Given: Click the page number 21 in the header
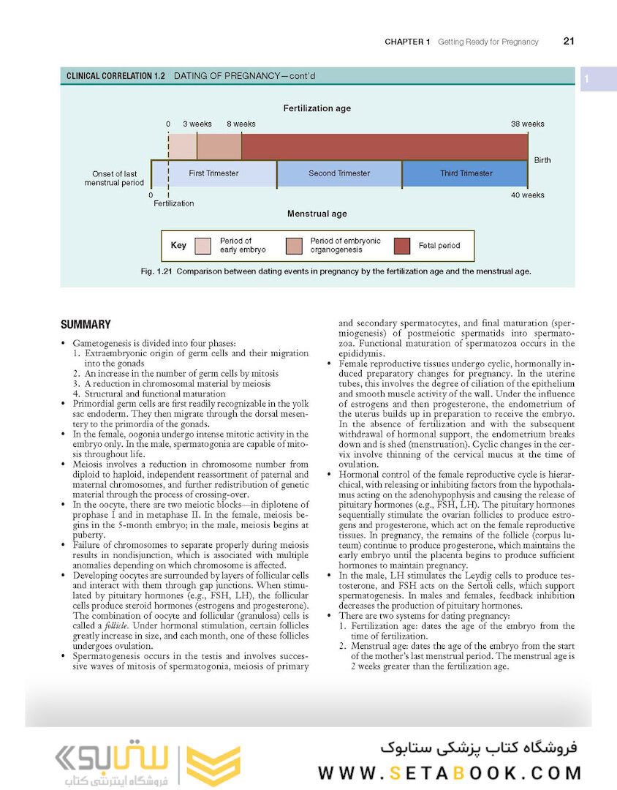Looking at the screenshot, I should click(x=569, y=42).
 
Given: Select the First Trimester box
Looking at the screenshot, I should click(x=213, y=174).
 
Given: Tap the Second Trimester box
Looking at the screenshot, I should click(x=339, y=174).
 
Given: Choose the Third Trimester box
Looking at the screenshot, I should click(x=466, y=174).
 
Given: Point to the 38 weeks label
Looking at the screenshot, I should click(x=527, y=124).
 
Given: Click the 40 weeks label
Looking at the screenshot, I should click(x=527, y=195).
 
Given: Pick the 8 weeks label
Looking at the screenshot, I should click(x=241, y=124).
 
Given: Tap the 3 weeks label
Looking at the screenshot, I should click(x=197, y=124).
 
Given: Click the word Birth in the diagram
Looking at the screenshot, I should click(x=542, y=160).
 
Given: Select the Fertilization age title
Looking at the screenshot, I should click(x=317, y=108).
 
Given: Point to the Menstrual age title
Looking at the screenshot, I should click(x=317, y=214).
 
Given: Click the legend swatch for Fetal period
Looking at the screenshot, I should click(x=401, y=246).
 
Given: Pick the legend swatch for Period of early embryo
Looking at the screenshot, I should click(x=203, y=246).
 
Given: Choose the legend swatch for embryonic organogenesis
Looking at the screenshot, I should click(x=294, y=246).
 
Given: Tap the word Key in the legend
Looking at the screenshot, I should click(x=178, y=246).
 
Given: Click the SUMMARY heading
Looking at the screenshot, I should click(x=86, y=325).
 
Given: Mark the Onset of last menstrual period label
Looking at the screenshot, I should click(x=114, y=178).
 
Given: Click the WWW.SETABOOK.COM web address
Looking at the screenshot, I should click(x=450, y=773).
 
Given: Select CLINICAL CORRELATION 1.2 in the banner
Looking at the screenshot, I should click(x=116, y=76).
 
